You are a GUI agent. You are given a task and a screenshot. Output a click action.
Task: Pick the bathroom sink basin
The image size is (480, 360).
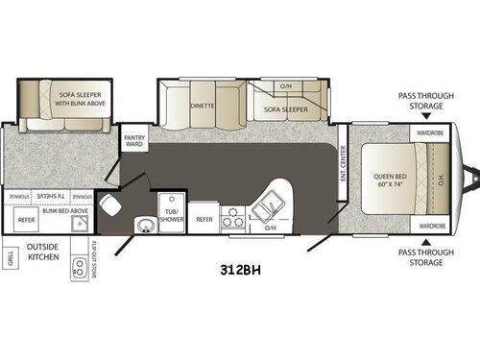pos(145,226)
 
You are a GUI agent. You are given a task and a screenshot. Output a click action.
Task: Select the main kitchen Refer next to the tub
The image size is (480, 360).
pos(204,219)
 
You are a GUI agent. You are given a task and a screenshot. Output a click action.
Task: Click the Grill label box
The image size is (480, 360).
pos(11,258)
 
